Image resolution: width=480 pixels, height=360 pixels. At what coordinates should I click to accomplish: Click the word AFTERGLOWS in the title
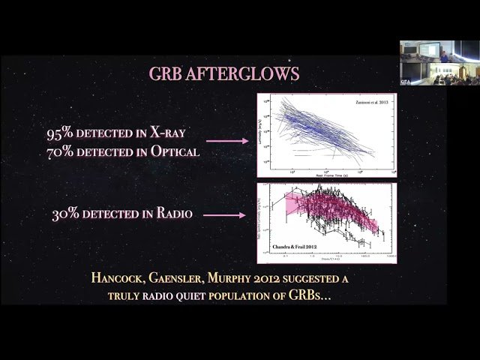247,75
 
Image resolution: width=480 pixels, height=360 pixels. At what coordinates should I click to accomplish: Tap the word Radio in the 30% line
174,215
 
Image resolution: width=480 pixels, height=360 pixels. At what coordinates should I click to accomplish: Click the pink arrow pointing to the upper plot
226,140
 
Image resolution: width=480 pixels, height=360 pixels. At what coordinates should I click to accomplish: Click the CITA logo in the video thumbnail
406,80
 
